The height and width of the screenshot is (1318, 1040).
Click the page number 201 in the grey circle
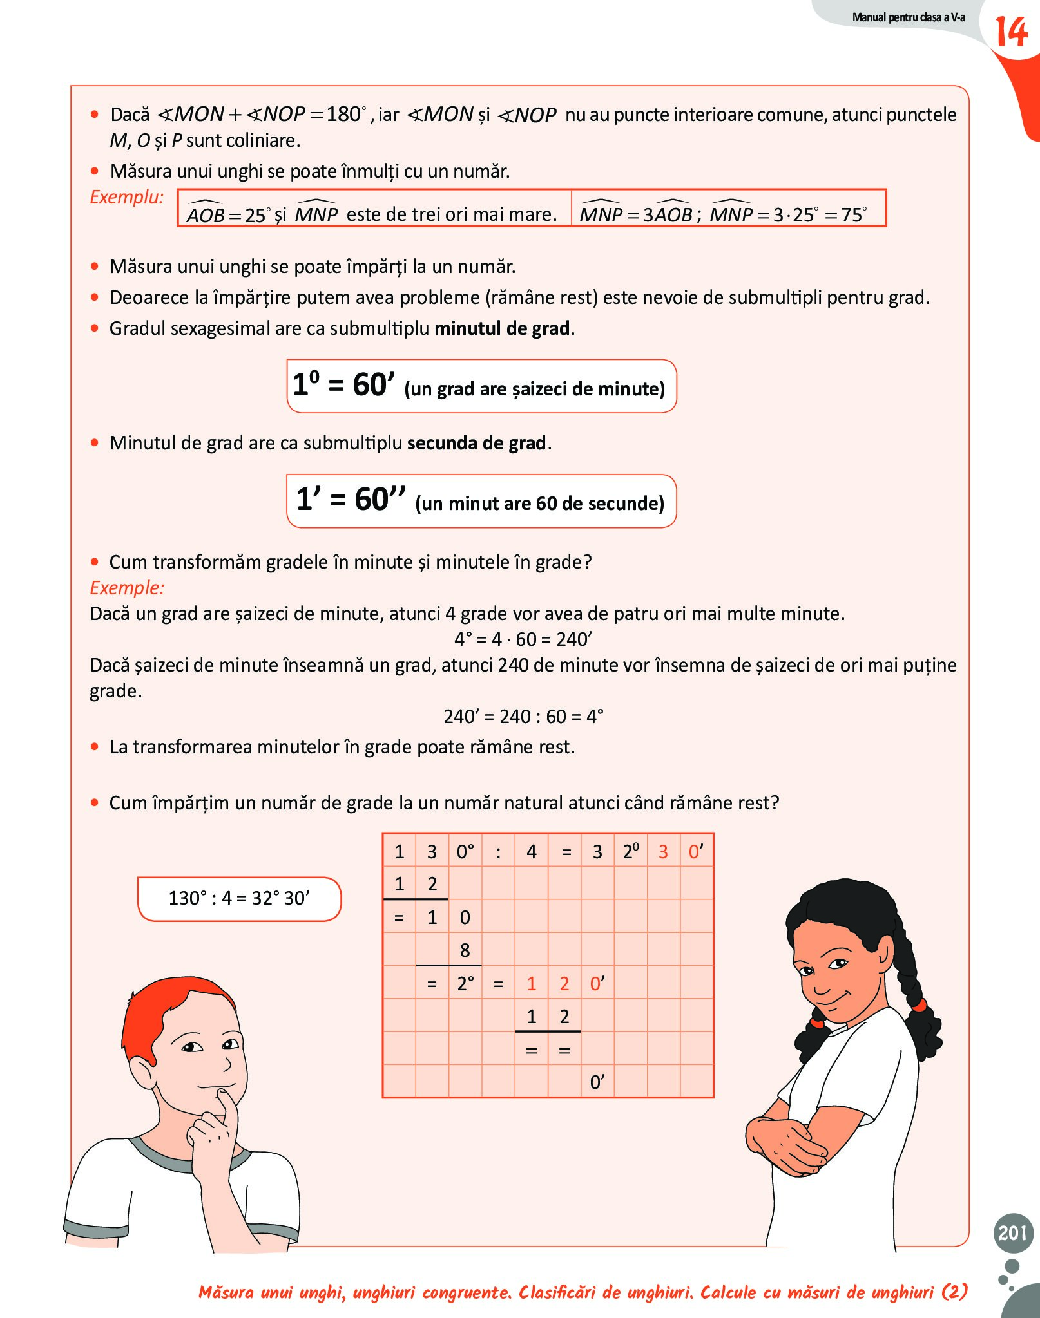coord(1012,1232)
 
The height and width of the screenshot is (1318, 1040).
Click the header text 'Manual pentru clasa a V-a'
coord(908,17)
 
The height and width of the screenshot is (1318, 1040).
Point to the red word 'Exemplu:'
coord(126,197)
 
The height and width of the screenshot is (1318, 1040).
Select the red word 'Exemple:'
coord(127,588)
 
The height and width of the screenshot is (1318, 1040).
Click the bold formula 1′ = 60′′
coord(351,500)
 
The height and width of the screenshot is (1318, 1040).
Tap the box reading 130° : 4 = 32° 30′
coord(239,898)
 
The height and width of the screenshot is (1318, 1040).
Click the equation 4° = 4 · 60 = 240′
coord(523,639)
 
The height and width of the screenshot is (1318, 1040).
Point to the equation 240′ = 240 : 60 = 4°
coord(523,717)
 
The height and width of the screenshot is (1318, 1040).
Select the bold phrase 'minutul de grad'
coord(503,328)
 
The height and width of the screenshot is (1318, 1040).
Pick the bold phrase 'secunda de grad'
coord(477,443)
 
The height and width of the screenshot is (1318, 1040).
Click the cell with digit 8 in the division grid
coord(465,950)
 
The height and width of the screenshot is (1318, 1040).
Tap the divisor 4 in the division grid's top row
coord(532,852)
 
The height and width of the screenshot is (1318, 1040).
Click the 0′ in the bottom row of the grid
coord(597,1082)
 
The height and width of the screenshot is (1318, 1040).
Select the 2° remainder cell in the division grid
coord(465,984)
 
